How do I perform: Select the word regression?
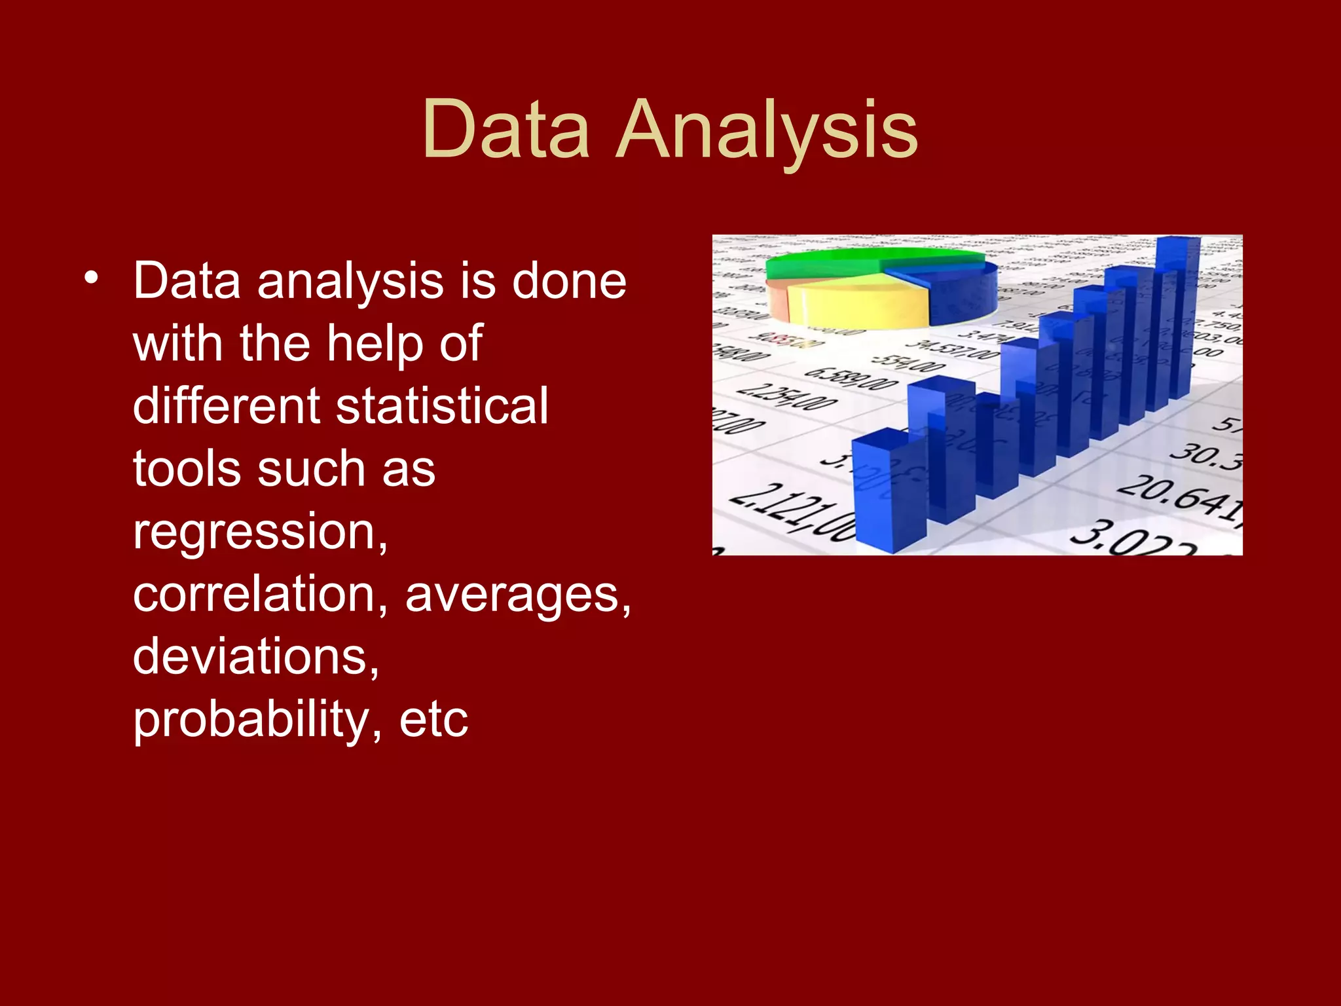[259, 532]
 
